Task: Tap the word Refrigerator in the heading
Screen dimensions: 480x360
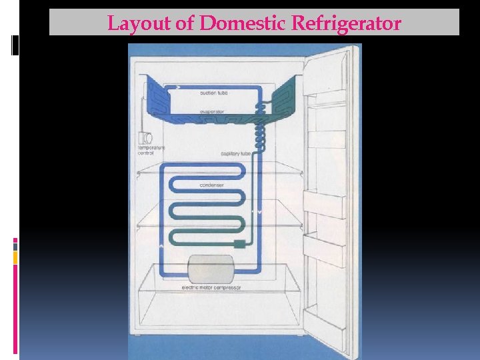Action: pyautogui.click(x=347, y=24)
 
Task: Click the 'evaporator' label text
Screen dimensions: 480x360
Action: pyautogui.click(x=213, y=111)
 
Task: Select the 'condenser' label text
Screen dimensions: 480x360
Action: pyautogui.click(x=211, y=184)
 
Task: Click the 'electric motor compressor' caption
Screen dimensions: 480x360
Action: pyautogui.click(x=211, y=287)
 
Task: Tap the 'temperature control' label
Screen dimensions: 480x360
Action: pyautogui.click(x=145, y=151)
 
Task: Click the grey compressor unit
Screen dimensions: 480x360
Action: pyautogui.click(x=211, y=269)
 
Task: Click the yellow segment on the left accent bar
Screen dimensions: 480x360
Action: pyautogui.click(x=15, y=257)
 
